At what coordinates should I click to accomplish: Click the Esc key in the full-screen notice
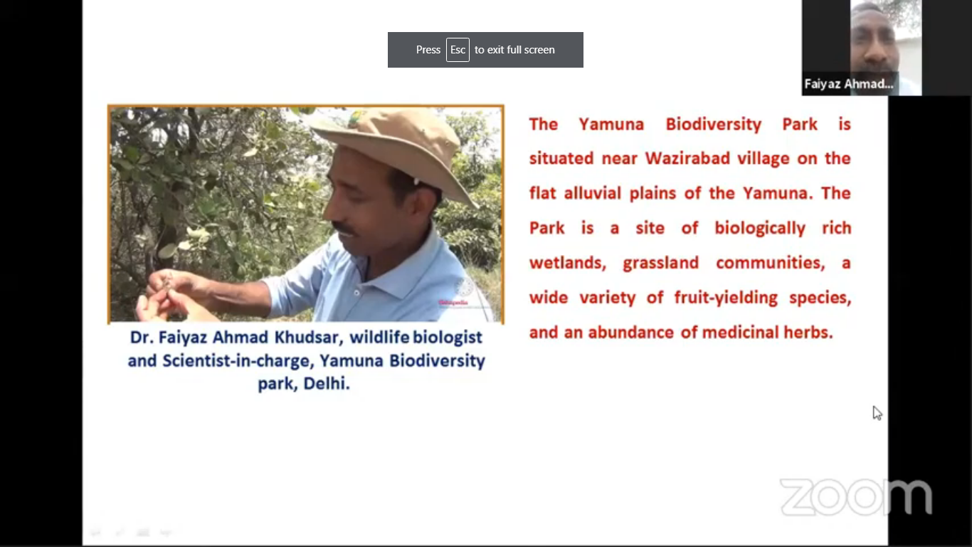pyautogui.click(x=458, y=50)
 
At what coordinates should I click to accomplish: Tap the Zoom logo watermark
pyautogui.click(x=856, y=497)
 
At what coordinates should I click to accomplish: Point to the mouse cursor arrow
pyautogui.click(x=877, y=413)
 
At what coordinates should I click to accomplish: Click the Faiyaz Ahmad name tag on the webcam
pyautogui.click(x=848, y=84)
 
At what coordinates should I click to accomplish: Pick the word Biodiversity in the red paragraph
pyautogui.click(x=714, y=125)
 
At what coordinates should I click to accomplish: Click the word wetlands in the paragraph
pyautogui.click(x=568, y=264)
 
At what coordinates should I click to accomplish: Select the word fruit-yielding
pyautogui.click(x=726, y=298)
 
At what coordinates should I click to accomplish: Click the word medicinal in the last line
pyautogui.click(x=740, y=333)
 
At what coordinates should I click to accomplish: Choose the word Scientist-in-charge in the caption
pyautogui.click(x=236, y=361)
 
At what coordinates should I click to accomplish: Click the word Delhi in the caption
pyautogui.click(x=327, y=384)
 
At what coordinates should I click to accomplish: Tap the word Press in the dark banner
pyautogui.click(x=428, y=50)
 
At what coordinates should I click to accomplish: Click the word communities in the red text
pyautogui.click(x=770, y=264)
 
